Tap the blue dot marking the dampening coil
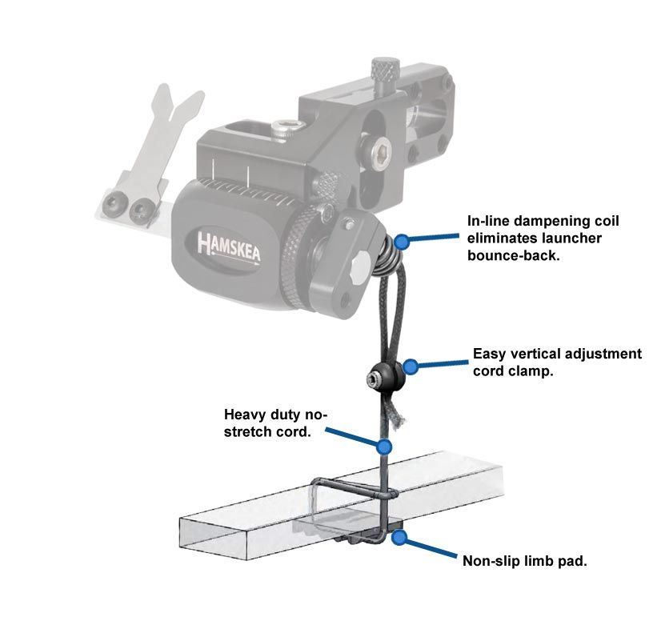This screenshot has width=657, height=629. (x=402, y=240)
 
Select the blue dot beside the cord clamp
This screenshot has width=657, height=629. (x=411, y=367)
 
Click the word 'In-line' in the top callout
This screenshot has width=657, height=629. (x=491, y=220)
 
